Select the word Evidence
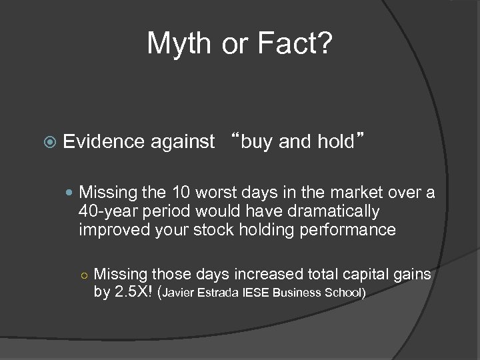[104, 141]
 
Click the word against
[183, 141]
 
